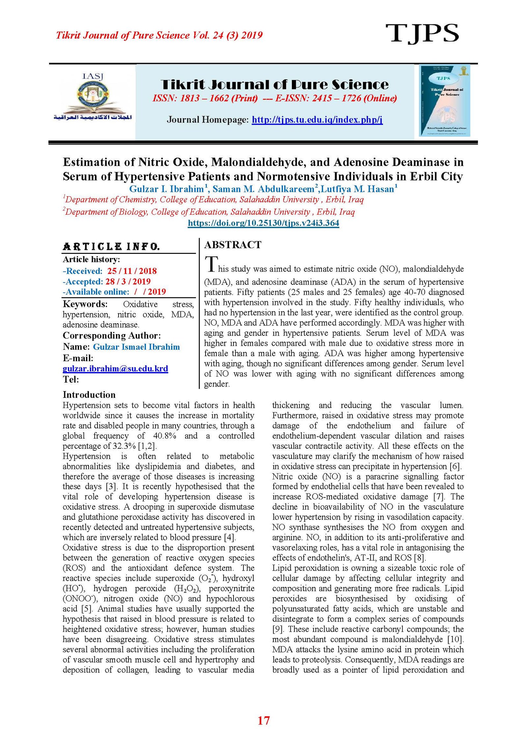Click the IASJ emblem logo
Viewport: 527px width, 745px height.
[93, 97]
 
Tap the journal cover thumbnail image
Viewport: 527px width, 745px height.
[444, 100]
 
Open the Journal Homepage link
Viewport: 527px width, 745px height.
[317, 120]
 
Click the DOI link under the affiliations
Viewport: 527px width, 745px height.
[263, 223]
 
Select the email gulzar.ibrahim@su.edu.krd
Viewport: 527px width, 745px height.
[115, 368]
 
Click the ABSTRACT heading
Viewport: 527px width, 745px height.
[233, 245]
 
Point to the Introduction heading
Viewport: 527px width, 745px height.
[89, 395]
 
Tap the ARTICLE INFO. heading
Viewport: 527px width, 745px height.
[111, 247]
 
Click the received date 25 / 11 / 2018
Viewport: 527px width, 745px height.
[132, 271]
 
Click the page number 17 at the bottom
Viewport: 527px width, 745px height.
[263, 720]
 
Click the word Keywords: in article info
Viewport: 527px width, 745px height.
[85, 304]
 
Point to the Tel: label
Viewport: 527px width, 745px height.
[71, 379]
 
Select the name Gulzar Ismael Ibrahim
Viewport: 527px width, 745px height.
[136, 347]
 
